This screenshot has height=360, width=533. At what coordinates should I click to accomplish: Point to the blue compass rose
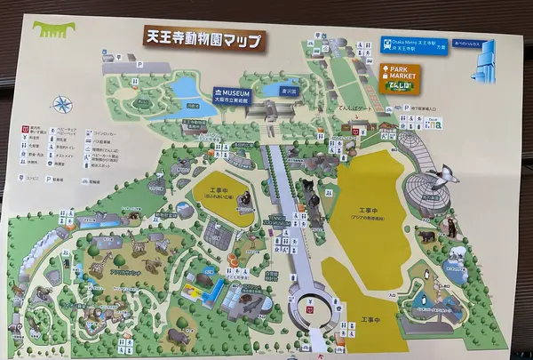61,105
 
